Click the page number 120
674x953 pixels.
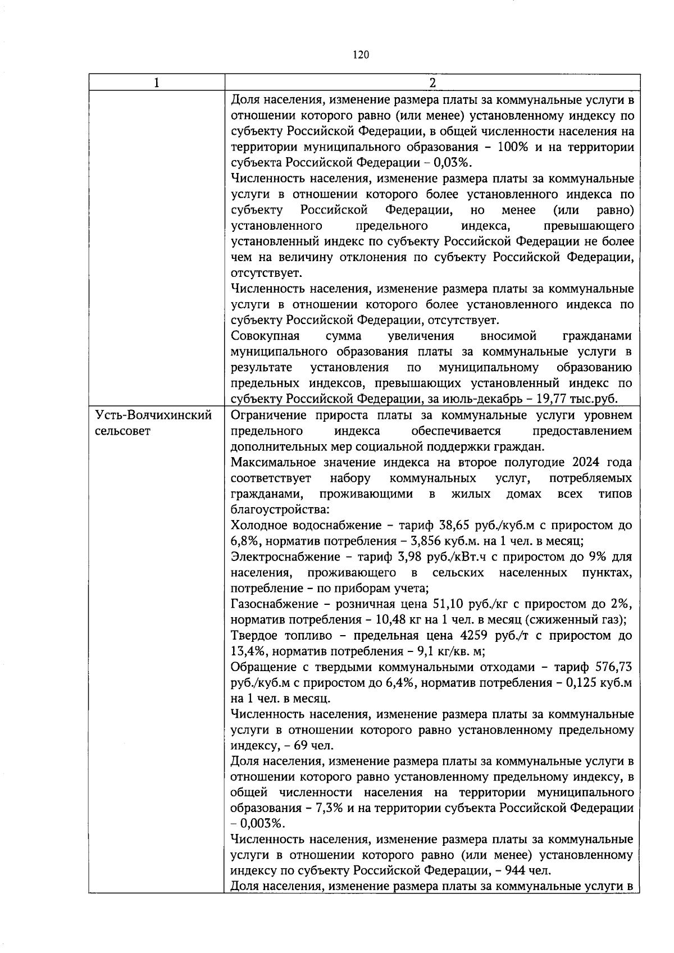coord(361,54)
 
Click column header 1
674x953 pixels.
coord(157,83)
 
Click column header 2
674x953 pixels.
coord(432,83)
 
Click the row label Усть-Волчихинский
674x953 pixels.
coord(154,416)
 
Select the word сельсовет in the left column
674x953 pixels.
coord(123,432)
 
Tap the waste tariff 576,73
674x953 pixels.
coord(616,667)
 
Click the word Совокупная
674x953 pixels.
coord(265,336)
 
